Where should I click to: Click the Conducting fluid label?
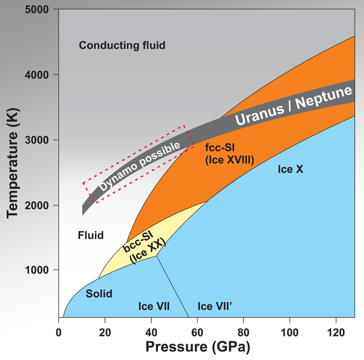(x=122, y=45)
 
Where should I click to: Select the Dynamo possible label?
(x=140, y=165)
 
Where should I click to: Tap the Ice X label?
(x=290, y=169)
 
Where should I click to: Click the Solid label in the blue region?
(x=99, y=294)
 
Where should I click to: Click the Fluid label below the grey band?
(x=90, y=235)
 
